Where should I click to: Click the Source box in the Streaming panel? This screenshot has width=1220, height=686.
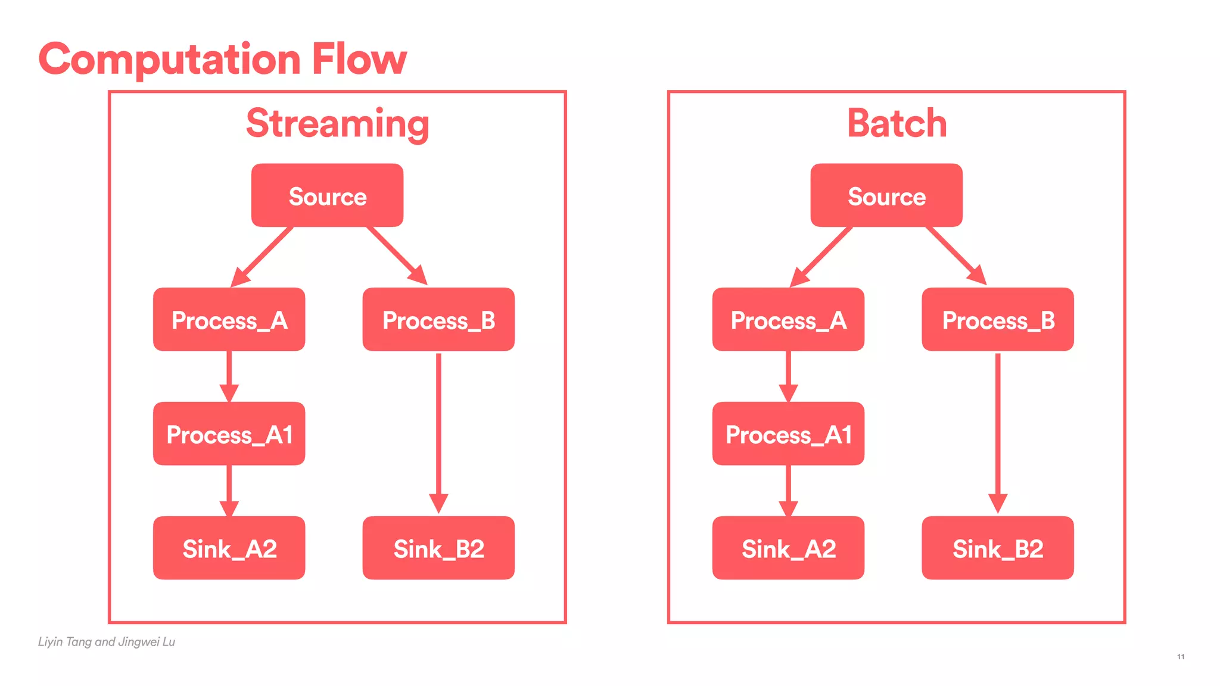click(327, 195)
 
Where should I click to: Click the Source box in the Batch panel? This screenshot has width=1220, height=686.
click(886, 195)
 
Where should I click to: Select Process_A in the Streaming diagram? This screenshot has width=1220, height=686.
click(229, 320)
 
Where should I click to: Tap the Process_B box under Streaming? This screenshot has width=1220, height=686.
click(438, 320)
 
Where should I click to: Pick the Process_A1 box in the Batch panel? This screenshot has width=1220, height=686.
click(788, 434)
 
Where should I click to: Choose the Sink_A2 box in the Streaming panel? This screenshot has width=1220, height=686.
click(229, 548)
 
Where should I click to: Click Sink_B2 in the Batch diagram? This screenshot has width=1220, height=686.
click(997, 548)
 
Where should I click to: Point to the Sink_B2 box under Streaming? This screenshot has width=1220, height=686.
click(438, 548)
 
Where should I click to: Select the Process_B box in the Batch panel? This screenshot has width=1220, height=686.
click(997, 320)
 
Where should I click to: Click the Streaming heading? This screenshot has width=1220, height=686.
click(337, 123)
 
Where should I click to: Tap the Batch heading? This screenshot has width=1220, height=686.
click(897, 123)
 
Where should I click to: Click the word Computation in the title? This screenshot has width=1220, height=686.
click(170, 60)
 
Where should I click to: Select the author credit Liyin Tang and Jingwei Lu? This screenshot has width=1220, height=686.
click(107, 641)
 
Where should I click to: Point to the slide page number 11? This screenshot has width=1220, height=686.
click(1181, 657)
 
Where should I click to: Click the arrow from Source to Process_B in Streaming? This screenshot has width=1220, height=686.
click(395, 254)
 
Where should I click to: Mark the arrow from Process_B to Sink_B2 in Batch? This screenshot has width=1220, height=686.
click(998, 429)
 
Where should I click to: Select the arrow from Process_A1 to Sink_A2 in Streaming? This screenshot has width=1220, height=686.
click(229, 488)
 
